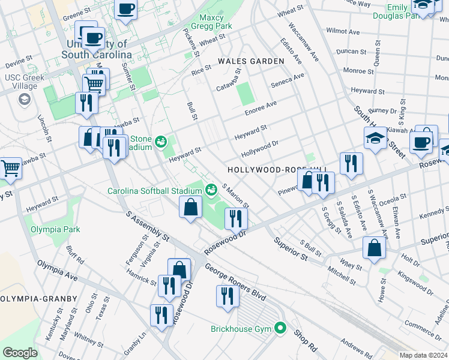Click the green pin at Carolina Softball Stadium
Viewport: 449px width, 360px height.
pos(211,191)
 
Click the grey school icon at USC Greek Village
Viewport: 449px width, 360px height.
pos(25,99)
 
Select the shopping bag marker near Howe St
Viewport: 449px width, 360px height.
pos(374,248)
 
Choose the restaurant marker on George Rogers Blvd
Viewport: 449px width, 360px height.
pos(227,296)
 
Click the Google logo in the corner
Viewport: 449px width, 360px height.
pos(20,353)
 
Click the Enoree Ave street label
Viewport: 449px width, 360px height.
pos(260,107)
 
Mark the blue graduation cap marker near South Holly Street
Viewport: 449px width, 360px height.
pos(375,139)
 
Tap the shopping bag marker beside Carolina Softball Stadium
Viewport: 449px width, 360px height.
pos(190,208)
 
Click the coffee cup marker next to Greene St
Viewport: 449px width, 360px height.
pos(126,9)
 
